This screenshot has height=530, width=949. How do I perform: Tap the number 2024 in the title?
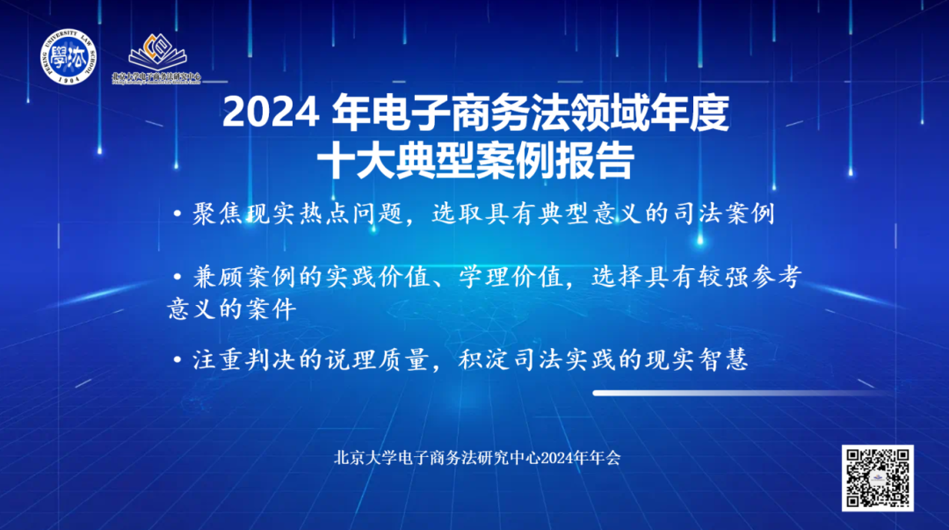point(270,113)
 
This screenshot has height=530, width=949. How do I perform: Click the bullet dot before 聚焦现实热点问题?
point(178,214)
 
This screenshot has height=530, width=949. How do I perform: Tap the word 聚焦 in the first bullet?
point(214,214)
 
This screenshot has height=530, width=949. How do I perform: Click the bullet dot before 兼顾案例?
point(178,275)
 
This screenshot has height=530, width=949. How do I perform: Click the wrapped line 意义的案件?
point(232,309)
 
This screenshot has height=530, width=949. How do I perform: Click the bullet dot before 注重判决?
point(178,359)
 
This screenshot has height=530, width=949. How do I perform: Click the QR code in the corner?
point(877,477)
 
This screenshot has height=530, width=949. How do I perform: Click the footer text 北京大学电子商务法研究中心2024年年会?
point(477,458)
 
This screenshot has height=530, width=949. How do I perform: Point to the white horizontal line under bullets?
point(738,393)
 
